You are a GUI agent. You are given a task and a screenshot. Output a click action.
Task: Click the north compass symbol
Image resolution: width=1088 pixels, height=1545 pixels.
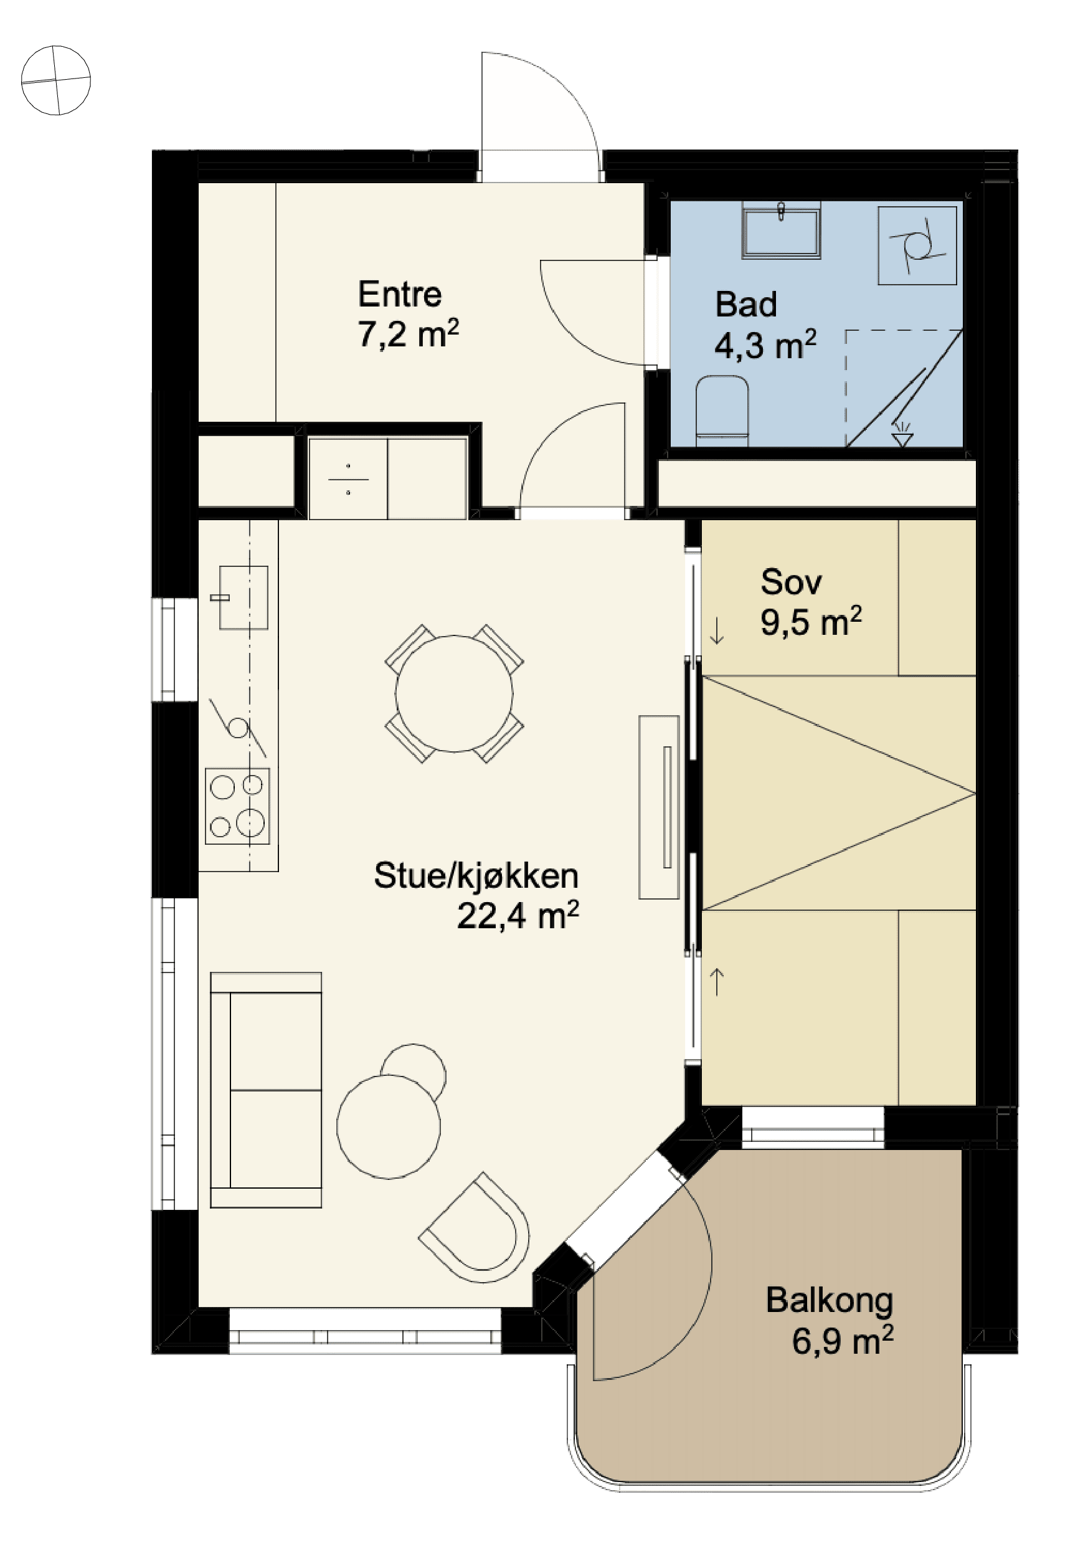tap(56, 80)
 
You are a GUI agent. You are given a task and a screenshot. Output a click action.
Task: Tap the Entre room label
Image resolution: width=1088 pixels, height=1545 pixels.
tap(400, 294)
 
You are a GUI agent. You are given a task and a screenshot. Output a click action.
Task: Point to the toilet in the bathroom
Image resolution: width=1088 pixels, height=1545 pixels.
tap(722, 411)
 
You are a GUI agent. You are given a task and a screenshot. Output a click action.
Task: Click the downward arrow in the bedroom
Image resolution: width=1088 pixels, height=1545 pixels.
tap(717, 630)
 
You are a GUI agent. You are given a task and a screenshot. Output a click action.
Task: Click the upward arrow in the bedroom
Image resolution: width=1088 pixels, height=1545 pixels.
tap(717, 981)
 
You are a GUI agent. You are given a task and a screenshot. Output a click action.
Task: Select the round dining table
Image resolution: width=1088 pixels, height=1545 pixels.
tap(454, 693)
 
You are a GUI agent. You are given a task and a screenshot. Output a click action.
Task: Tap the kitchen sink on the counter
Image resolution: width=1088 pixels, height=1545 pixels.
tap(243, 597)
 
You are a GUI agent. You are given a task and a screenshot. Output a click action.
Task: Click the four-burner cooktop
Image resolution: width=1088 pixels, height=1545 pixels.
tap(237, 806)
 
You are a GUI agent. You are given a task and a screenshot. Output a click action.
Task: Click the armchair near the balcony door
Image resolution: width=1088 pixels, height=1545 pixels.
tap(476, 1229)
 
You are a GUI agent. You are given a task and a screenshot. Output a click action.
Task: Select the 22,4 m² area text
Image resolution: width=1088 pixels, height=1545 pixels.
tap(518, 915)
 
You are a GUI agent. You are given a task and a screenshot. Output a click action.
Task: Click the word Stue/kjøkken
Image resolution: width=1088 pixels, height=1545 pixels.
tap(476, 875)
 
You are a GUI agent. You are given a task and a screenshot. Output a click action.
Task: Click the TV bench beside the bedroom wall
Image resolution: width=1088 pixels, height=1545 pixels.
tap(659, 807)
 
